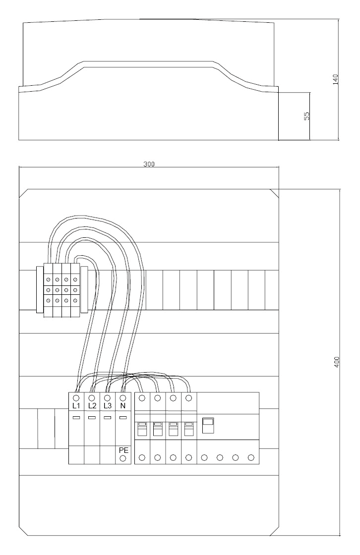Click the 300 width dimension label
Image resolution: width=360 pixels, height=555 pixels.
tap(149, 164)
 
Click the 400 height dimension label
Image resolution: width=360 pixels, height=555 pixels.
tap(337, 362)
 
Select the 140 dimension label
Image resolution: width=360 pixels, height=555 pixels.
tap(335, 79)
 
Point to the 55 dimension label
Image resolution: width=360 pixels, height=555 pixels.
tap(307, 116)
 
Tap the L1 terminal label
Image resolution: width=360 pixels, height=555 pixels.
tap(76, 406)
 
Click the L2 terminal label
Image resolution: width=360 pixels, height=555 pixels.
tap(92, 406)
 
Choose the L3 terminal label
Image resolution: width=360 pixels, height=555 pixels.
tap(108, 406)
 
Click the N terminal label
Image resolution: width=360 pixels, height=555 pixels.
tap(123, 406)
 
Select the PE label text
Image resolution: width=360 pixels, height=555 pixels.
tap(123, 450)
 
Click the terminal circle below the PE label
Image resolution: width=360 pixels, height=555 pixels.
tap(123, 459)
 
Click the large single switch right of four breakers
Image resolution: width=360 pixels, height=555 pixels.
tap(208, 426)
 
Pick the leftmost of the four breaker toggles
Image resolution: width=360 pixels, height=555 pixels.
tap(142, 429)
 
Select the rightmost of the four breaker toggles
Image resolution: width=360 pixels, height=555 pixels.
tap(189, 429)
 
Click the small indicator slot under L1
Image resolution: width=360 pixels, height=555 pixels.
tap(76, 418)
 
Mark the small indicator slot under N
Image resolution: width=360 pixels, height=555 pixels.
tap(123, 418)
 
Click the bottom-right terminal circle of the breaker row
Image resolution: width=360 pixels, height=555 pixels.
tap(251, 458)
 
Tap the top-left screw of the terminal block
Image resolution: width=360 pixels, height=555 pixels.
tap(48, 280)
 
